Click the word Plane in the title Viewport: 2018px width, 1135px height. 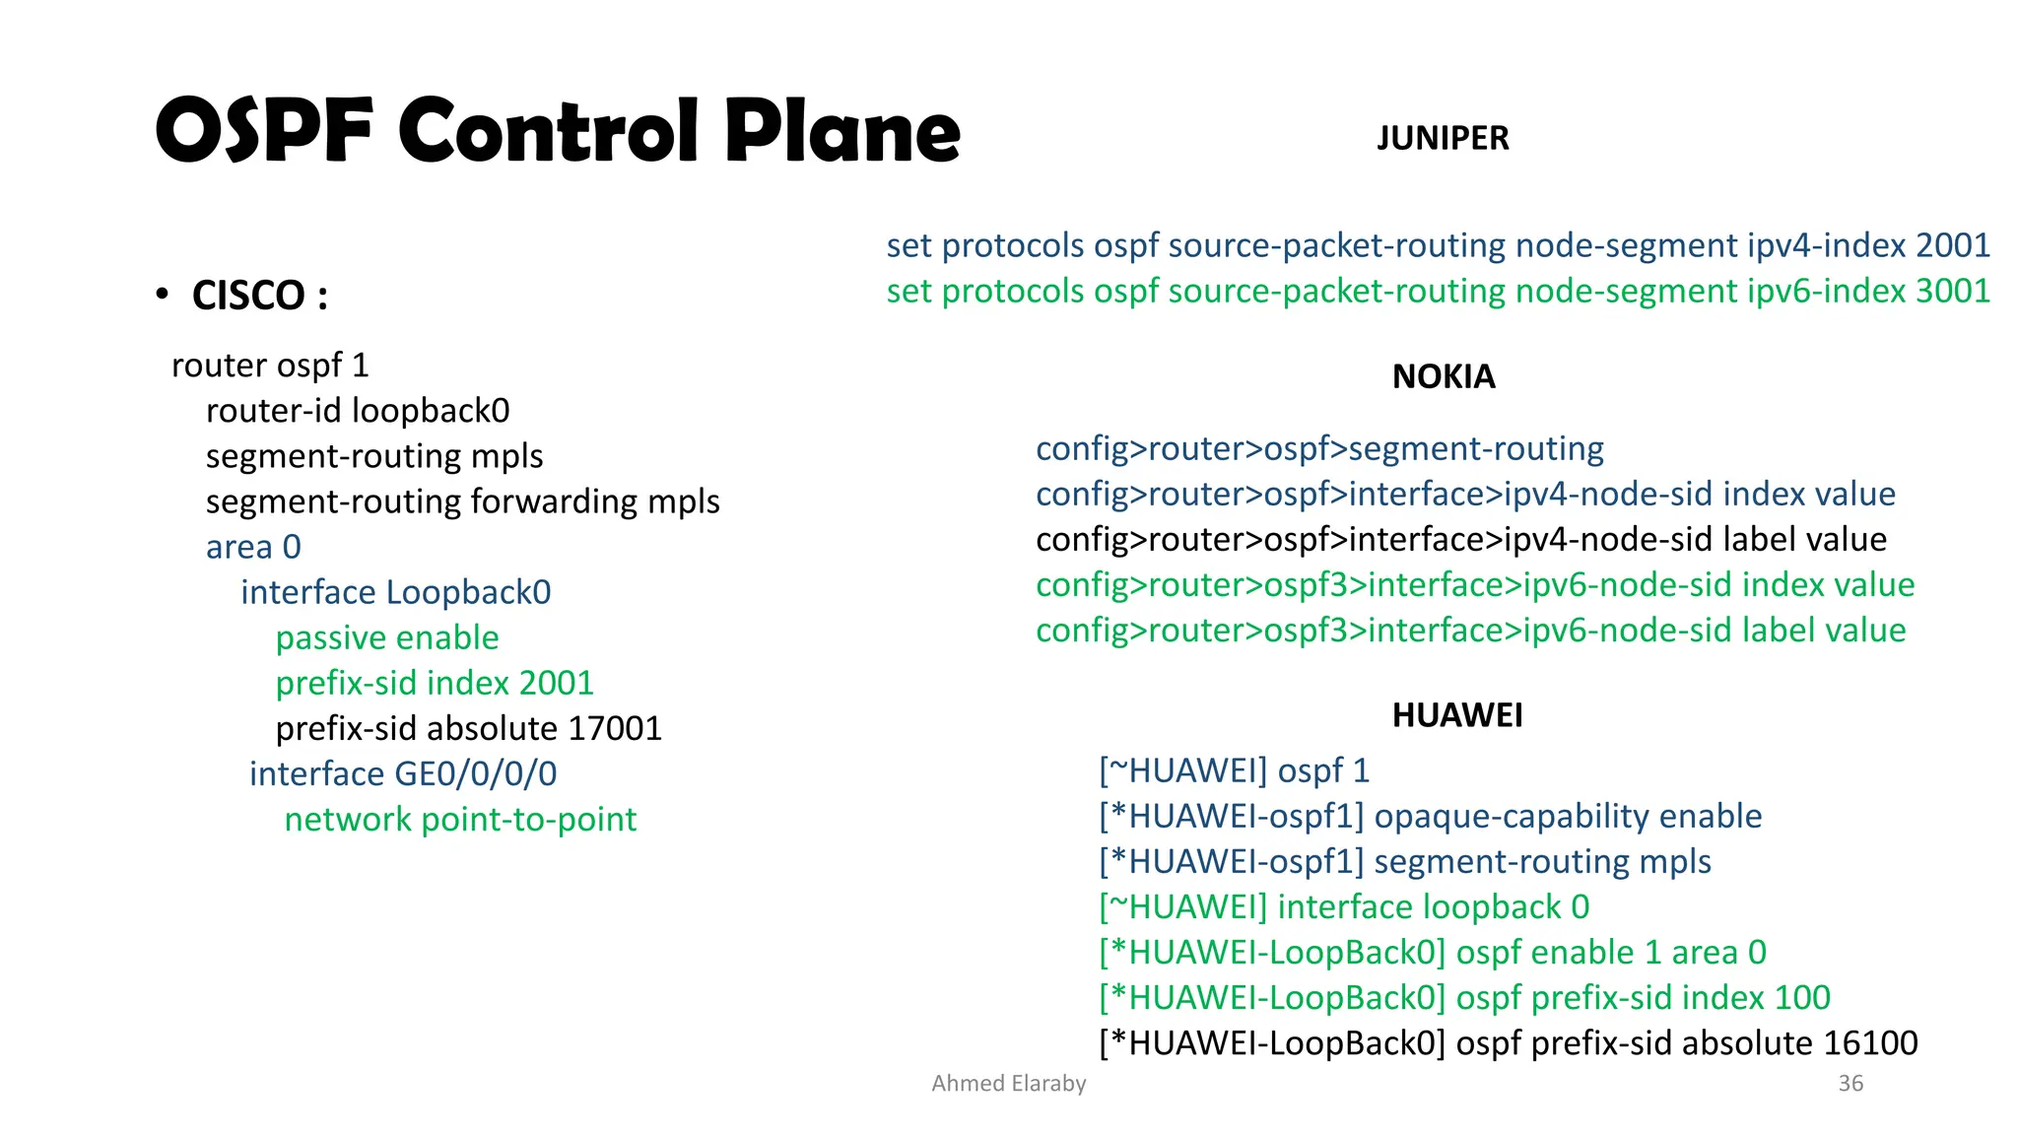coord(841,131)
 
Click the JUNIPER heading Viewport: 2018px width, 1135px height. coord(1442,138)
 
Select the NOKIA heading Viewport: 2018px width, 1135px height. coord(1443,376)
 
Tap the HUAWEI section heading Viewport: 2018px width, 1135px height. coord(1456,714)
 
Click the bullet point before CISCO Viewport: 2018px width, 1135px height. coord(163,295)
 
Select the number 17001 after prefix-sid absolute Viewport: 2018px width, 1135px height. coord(615,728)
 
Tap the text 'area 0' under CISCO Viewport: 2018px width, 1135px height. coord(253,547)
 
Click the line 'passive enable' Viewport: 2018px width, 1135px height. coord(387,637)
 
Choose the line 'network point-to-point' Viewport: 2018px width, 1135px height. coord(460,819)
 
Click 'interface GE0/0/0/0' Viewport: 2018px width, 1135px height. coord(403,773)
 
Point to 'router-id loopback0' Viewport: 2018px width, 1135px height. coord(358,411)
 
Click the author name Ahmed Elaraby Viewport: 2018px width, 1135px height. coord(1008,1083)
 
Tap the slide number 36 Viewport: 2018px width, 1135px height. coord(1850,1083)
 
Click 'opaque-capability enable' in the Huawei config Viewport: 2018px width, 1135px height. coord(1568,816)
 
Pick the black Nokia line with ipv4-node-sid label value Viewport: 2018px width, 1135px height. coord(1460,539)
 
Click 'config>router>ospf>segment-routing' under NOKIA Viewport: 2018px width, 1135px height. coord(1319,448)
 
